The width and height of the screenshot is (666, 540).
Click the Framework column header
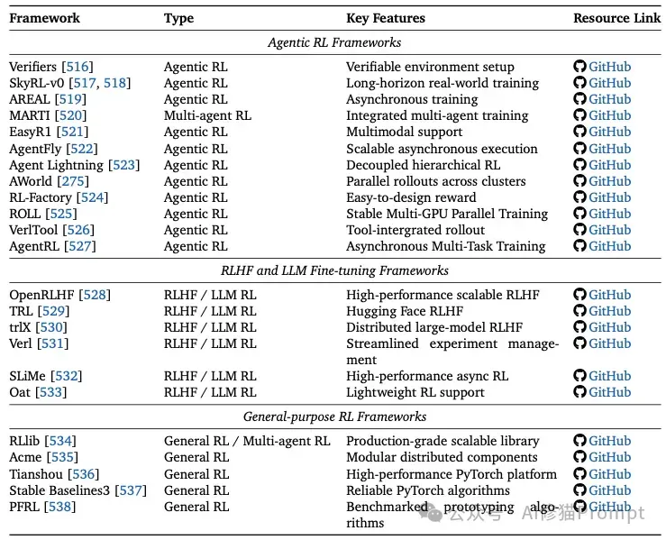click(x=44, y=18)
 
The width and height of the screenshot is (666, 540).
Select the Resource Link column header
click(x=616, y=18)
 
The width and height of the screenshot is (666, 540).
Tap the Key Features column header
click(x=386, y=18)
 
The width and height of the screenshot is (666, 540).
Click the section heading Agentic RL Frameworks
click(x=334, y=42)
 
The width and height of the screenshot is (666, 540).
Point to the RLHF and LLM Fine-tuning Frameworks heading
click(x=334, y=270)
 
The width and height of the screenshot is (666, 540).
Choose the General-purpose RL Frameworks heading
click(x=334, y=416)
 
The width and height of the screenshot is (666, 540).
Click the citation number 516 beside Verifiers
click(x=78, y=67)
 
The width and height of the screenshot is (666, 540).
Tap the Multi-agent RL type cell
click(x=207, y=115)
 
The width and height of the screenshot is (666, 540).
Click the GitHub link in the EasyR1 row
click(x=609, y=132)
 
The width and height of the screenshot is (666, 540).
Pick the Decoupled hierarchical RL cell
click(x=423, y=165)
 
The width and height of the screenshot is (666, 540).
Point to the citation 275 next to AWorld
click(x=73, y=181)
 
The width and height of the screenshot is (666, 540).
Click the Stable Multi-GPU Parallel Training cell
click(x=447, y=214)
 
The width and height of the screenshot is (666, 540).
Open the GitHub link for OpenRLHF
click(x=609, y=295)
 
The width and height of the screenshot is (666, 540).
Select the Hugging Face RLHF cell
click(x=405, y=311)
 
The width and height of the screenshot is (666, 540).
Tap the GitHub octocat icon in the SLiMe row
click(x=579, y=376)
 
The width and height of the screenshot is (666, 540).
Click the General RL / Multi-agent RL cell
click(x=247, y=441)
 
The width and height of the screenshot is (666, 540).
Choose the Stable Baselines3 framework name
click(x=59, y=490)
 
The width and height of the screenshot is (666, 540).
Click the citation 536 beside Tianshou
click(x=83, y=474)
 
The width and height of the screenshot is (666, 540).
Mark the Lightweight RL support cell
click(x=415, y=392)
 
